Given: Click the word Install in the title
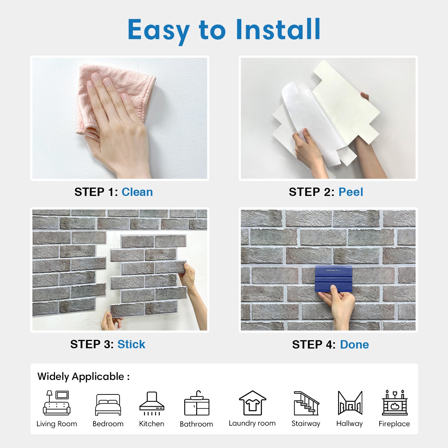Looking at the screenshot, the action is [278, 29].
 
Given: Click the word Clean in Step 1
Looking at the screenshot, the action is [137, 192].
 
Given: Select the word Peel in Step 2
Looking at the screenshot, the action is [351, 192].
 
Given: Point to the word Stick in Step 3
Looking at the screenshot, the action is [131, 344].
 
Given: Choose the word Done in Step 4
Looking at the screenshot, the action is [354, 345].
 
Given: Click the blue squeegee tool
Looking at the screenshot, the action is [334, 279].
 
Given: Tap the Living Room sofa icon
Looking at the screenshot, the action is [57, 403].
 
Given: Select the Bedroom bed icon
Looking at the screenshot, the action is [108, 405].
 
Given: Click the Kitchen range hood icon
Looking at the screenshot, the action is [152, 403].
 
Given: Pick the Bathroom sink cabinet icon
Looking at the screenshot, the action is [197, 403].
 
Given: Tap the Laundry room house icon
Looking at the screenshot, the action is [252, 403].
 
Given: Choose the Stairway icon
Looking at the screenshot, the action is [306, 403].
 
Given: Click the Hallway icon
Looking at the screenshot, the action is [350, 403].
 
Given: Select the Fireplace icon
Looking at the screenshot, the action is [395, 403].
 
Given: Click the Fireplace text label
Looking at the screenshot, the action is [394, 424].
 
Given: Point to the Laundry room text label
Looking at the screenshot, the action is [252, 424].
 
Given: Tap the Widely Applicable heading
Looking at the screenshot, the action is [83, 377].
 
